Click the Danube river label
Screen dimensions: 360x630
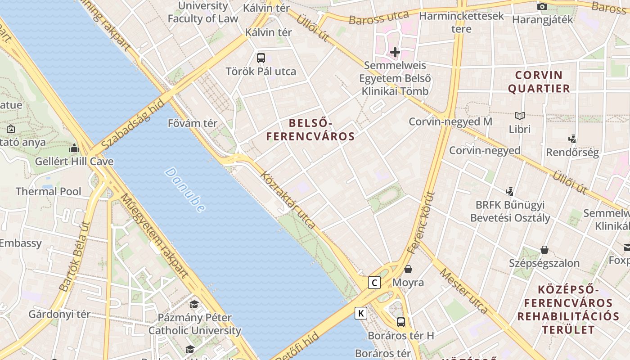pyautogui.click(x=185, y=190)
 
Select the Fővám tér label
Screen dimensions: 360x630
pyautogui.click(x=193, y=123)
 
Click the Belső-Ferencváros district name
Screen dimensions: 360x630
pyautogui.click(x=310, y=130)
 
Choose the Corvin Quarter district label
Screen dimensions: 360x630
pyautogui.click(x=539, y=81)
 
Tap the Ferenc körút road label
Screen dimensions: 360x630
pyautogui.click(x=421, y=222)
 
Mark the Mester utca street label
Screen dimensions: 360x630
pyautogui.click(x=464, y=290)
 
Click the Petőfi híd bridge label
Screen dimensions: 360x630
pyautogui.click(x=297, y=348)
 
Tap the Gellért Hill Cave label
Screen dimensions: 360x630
pyautogui.click(x=74, y=161)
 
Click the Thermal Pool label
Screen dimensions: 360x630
pyautogui.click(x=49, y=191)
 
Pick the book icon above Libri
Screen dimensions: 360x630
pyautogui.click(x=520, y=116)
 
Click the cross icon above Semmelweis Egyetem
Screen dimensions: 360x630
pyautogui.click(x=395, y=52)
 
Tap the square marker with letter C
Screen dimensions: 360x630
pyautogui.click(x=374, y=283)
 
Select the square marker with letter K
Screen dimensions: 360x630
pyautogui.click(x=361, y=313)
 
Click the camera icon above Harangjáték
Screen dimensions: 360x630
pyautogui.click(x=542, y=6)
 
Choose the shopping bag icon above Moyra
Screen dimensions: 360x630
pyautogui.click(x=408, y=269)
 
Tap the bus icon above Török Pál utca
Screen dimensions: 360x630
pyautogui.click(x=261, y=58)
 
